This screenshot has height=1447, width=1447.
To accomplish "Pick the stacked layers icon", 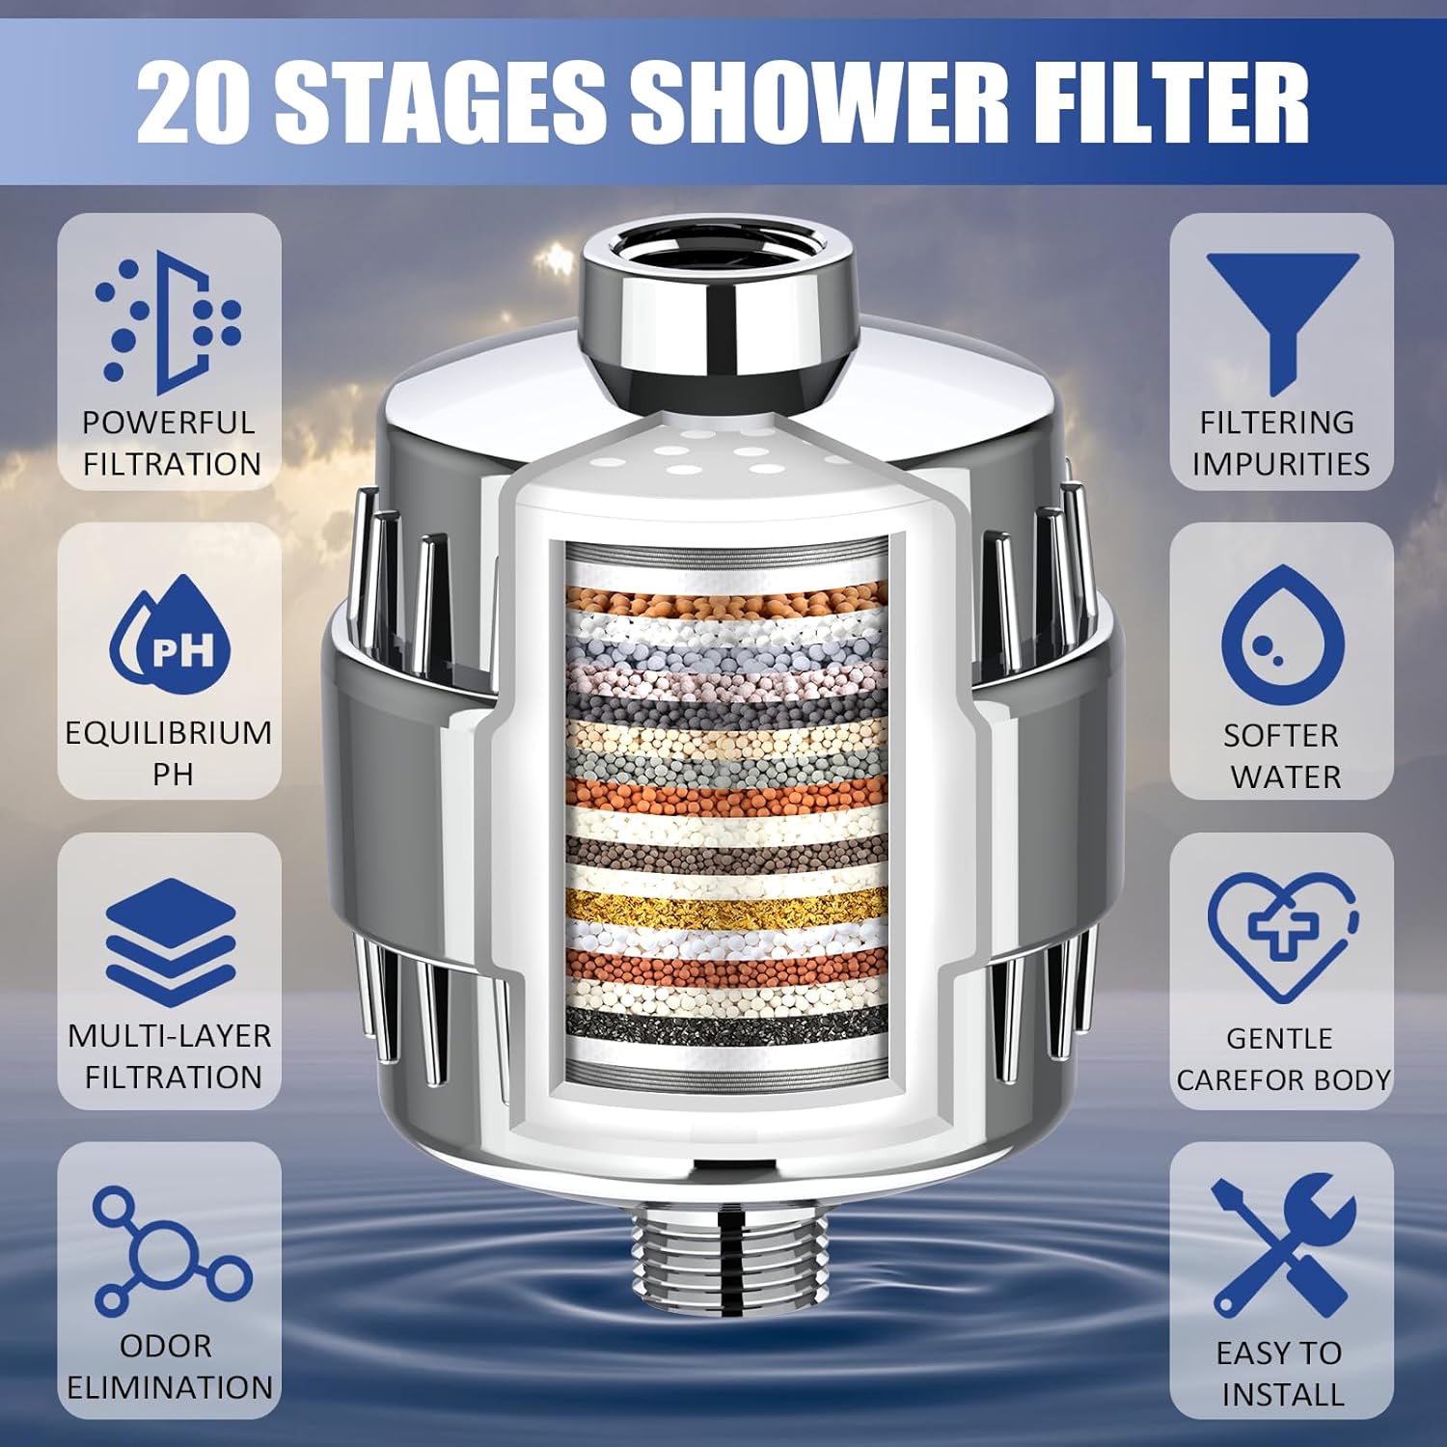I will (170, 942).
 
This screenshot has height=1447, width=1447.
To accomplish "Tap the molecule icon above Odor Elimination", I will (170, 1250).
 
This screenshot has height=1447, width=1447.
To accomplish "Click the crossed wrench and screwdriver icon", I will (1282, 1243).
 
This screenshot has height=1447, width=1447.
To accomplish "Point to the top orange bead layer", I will (725, 606).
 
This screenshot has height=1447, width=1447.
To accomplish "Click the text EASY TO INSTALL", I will (1280, 1374).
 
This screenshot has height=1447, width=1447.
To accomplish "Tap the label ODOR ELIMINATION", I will (170, 1367).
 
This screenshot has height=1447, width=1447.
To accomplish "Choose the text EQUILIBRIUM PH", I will (170, 753).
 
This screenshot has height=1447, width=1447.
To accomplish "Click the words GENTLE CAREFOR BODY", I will (1282, 1059).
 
